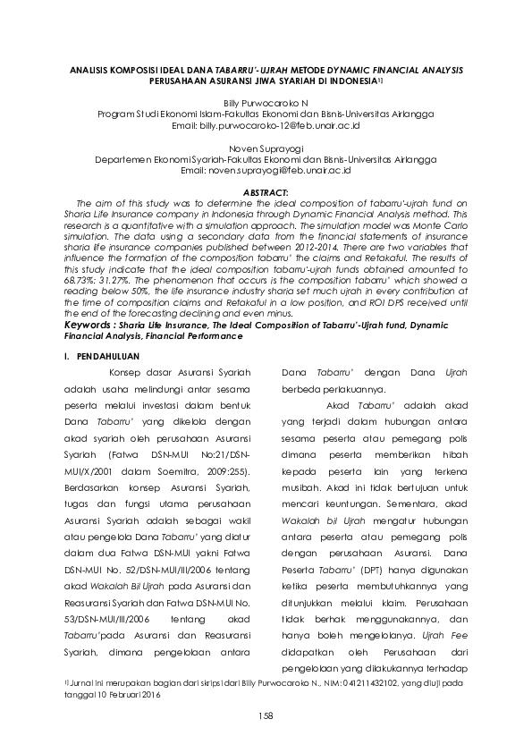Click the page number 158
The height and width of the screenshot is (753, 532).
(x=266, y=716)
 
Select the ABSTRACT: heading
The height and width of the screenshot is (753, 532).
(x=266, y=193)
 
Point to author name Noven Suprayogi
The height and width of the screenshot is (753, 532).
(x=266, y=149)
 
